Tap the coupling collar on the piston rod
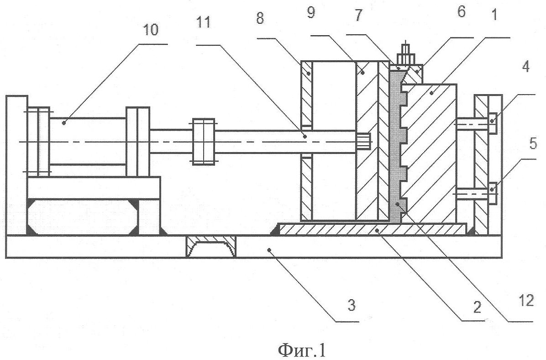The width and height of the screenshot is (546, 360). [x=203, y=141]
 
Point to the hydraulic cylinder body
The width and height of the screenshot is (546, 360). [x=87, y=142]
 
